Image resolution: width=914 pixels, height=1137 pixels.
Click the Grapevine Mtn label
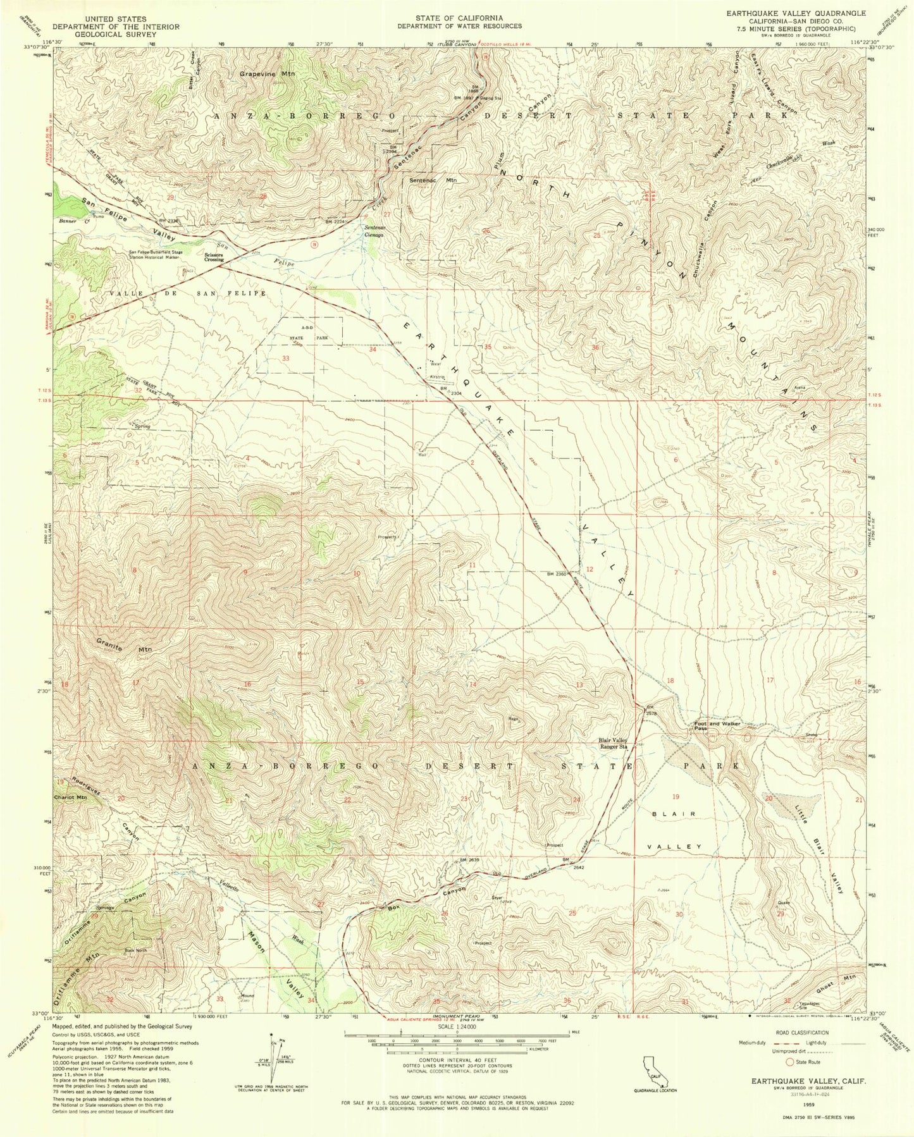267,74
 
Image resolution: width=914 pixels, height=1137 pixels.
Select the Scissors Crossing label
213,257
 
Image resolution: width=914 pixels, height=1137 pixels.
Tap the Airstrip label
438,377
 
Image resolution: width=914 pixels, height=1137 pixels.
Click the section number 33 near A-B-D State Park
286,358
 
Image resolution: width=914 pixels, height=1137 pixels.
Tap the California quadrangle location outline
652,1071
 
